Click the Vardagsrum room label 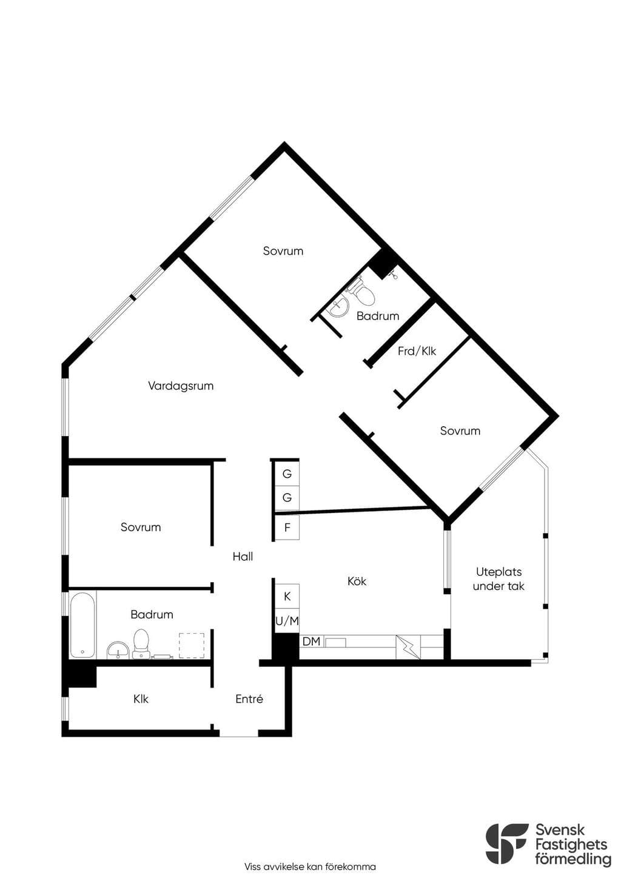(181, 386)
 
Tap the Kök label (357, 581)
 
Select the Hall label (243, 556)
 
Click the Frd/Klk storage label (417, 351)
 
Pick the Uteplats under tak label (498, 578)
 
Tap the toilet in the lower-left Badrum (141, 643)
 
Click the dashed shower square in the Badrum (192, 645)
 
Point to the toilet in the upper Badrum (363, 292)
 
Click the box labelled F (287, 527)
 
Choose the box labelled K (287, 596)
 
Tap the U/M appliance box (287, 620)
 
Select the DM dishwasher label (312, 642)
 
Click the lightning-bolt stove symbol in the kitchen (408, 647)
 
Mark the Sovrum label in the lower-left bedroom (141, 527)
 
